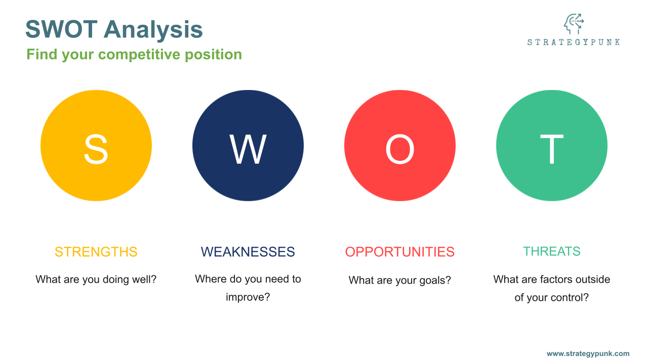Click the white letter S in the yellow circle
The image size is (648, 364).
click(x=96, y=149)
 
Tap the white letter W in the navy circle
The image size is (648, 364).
click(x=248, y=149)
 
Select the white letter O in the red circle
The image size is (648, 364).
click(x=400, y=149)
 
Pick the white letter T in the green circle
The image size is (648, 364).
click(x=552, y=149)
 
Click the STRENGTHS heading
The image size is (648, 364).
click(x=96, y=252)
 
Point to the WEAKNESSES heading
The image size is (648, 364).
click(x=248, y=252)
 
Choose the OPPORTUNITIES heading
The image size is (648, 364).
click(x=400, y=252)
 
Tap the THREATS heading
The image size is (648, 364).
click(x=552, y=251)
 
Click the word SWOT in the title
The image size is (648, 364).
click(x=61, y=29)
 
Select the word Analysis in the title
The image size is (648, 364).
click(x=153, y=30)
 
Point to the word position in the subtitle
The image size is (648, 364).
click(x=213, y=55)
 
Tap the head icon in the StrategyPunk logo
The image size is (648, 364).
click(x=574, y=24)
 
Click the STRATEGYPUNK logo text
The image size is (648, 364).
click(x=574, y=42)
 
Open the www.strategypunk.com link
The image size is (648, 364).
click(x=588, y=353)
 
